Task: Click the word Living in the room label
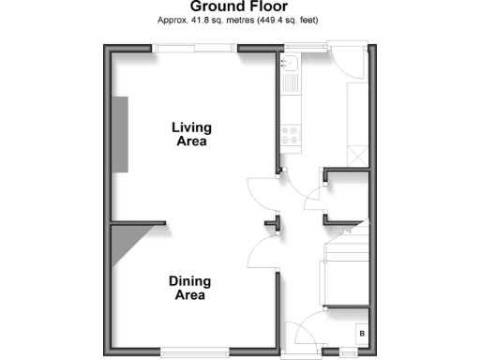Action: pyautogui.click(x=191, y=127)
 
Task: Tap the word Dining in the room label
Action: pyautogui.click(x=190, y=281)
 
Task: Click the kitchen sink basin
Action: pyautogui.click(x=290, y=66)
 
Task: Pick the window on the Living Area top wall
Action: pyautogui.click(x=195, y=49)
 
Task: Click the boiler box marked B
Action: pyautogui.click(x=362, y=333)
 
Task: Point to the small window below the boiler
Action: pyautogui.click(x=348, y=353)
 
